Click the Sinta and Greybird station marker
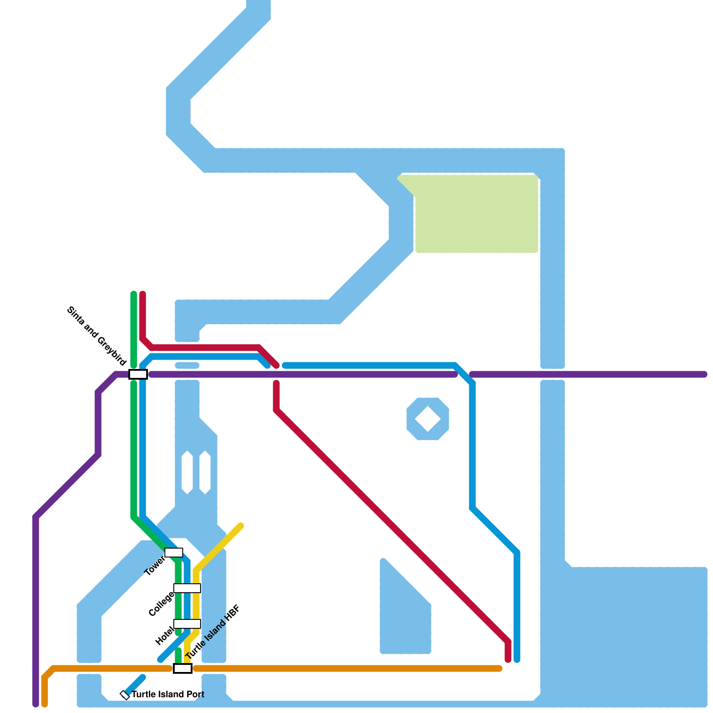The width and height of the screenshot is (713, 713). pos(138,374)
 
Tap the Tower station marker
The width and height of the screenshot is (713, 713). pos(174,553)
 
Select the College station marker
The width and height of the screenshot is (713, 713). pos(187,588)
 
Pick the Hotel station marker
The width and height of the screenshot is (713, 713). pos(187,624)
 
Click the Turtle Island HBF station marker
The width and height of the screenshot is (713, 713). pos(183,668)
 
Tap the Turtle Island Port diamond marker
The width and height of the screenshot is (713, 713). pos(125,695)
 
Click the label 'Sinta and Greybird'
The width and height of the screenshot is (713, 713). pos(97,336)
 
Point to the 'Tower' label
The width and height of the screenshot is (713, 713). pos(155,566)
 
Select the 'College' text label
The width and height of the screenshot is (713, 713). pos(161,604)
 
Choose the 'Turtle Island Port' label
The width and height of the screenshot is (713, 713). pos(168,694)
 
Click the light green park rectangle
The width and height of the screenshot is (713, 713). pos(477,214)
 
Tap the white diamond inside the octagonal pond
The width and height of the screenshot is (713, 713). pos(428,419)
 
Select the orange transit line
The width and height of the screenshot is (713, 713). pos(348,668)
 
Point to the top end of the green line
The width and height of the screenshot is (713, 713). pos(134,294)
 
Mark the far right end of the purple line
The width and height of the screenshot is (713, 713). pos(704,374)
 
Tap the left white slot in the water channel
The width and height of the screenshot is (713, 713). pos(187,472)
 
